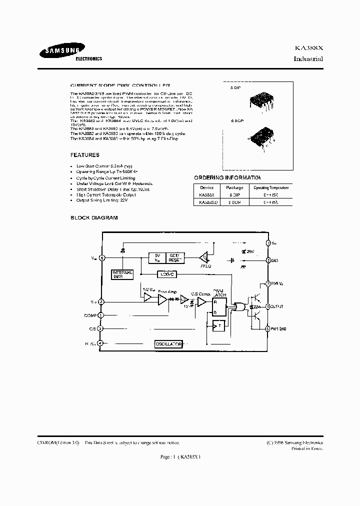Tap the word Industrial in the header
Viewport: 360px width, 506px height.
click(308, 58)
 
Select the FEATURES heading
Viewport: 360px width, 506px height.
click(84, 155)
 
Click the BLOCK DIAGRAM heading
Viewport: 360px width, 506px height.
click(94, 218)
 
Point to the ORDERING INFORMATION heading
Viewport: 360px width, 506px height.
click(227, 178)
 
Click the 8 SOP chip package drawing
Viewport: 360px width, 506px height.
click(263, 135)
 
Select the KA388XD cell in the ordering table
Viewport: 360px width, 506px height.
click(208, 202)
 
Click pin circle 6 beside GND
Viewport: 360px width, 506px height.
click(268, 260)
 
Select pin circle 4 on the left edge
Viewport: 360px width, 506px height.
click(101, 343)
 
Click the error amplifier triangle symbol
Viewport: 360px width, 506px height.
click(163, 299)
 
